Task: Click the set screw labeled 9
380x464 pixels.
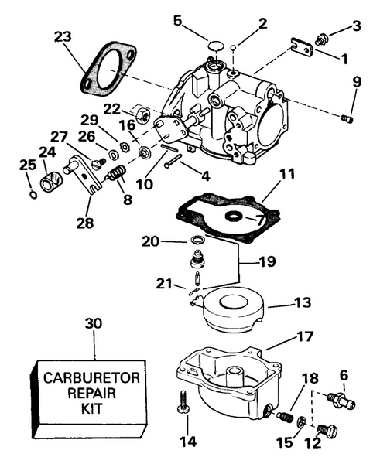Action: pyautogui.click(x=347, y=118)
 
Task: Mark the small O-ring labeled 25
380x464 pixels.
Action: pyautogui.click(x=30, y=195)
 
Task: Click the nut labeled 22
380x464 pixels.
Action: pyautogui.click(x=142, y=114)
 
